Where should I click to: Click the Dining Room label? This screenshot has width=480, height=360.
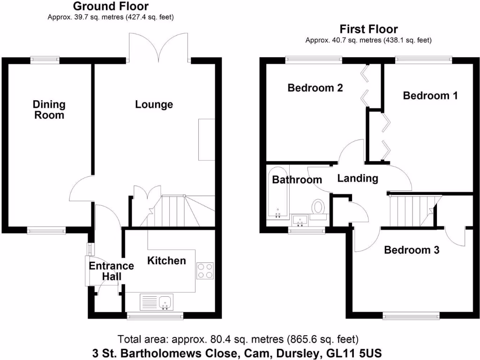coord(49,109)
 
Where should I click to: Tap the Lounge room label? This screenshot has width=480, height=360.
coord(154,105)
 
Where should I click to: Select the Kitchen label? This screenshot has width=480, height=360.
coord(166,261)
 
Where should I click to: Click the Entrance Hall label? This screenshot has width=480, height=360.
coord(112,271)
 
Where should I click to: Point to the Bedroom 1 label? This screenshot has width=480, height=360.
coord(430,96)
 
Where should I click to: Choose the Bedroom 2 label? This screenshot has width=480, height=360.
coord(315,88)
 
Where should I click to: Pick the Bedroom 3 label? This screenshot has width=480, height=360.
coord(411,250)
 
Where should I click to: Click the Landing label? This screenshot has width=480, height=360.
coord(358,178)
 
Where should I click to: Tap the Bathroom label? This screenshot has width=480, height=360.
coord(297,180)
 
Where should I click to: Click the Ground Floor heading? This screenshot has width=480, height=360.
coord(111,7)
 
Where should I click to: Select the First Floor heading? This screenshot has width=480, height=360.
coord(368,30)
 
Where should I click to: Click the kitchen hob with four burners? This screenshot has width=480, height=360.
coord(205,270)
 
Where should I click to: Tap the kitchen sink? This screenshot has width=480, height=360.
coord(165,302)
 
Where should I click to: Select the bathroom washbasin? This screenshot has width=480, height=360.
coord(300,220)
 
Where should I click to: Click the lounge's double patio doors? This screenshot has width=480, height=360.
coord(158,47)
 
